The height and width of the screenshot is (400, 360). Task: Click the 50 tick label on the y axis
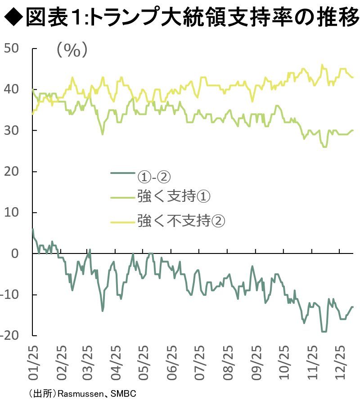(x=11, y=48)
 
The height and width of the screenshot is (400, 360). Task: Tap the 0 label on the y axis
(x=15, y=253)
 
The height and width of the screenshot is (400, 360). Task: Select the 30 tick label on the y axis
(x=11, y=130)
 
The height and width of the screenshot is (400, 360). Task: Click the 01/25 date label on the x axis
(x=33, y=363)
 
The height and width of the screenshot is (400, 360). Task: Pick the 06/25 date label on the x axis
(x=172, y=363)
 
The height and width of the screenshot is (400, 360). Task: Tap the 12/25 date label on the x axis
(x=340, y=363)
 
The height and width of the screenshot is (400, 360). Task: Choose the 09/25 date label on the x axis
(x=256, y=363)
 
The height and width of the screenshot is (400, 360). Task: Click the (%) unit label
(x=72, y=50)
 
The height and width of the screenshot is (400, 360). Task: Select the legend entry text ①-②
(x=154, y=177)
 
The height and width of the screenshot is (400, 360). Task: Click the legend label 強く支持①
(x=174, y=196)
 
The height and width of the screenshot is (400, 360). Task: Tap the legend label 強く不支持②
(x=181, y=221)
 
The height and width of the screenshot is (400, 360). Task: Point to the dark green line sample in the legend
(x=123, y=173)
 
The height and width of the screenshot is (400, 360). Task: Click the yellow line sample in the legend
(x=123, y=222)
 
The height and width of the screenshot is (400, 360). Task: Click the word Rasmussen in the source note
(x=81, y=394)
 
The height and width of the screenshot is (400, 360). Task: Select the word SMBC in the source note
(x=123, y=394)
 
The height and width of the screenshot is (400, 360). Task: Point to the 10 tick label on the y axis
(x=11, y=213)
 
